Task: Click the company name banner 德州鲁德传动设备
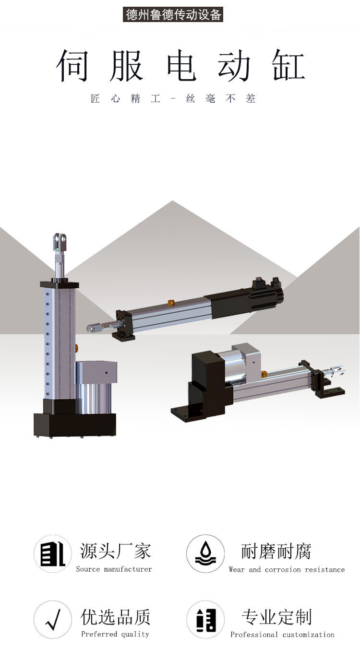(173, 15)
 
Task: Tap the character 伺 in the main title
(72, 65)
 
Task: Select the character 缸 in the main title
(288, 65)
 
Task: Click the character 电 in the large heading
(181, 65)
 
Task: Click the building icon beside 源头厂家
(53, 554)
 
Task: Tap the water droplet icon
(205, 554)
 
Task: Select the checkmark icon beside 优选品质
(53, 619)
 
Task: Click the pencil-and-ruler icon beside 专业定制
(205, 619)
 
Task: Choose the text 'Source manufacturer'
(114, 569)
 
